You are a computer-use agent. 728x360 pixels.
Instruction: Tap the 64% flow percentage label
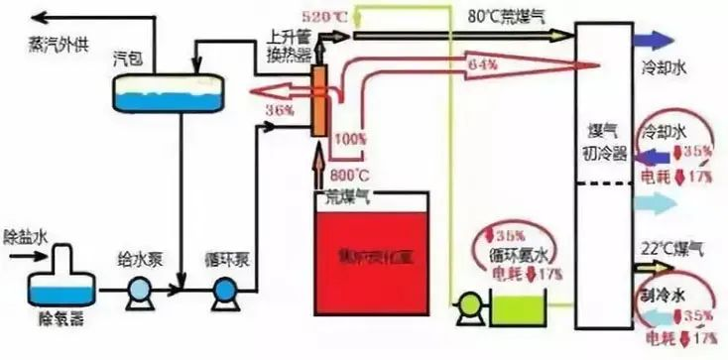click(481, 66)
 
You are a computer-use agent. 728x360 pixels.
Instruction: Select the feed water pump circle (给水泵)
click(139, 291)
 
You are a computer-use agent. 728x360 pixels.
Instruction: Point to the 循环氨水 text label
click(517, 253)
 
